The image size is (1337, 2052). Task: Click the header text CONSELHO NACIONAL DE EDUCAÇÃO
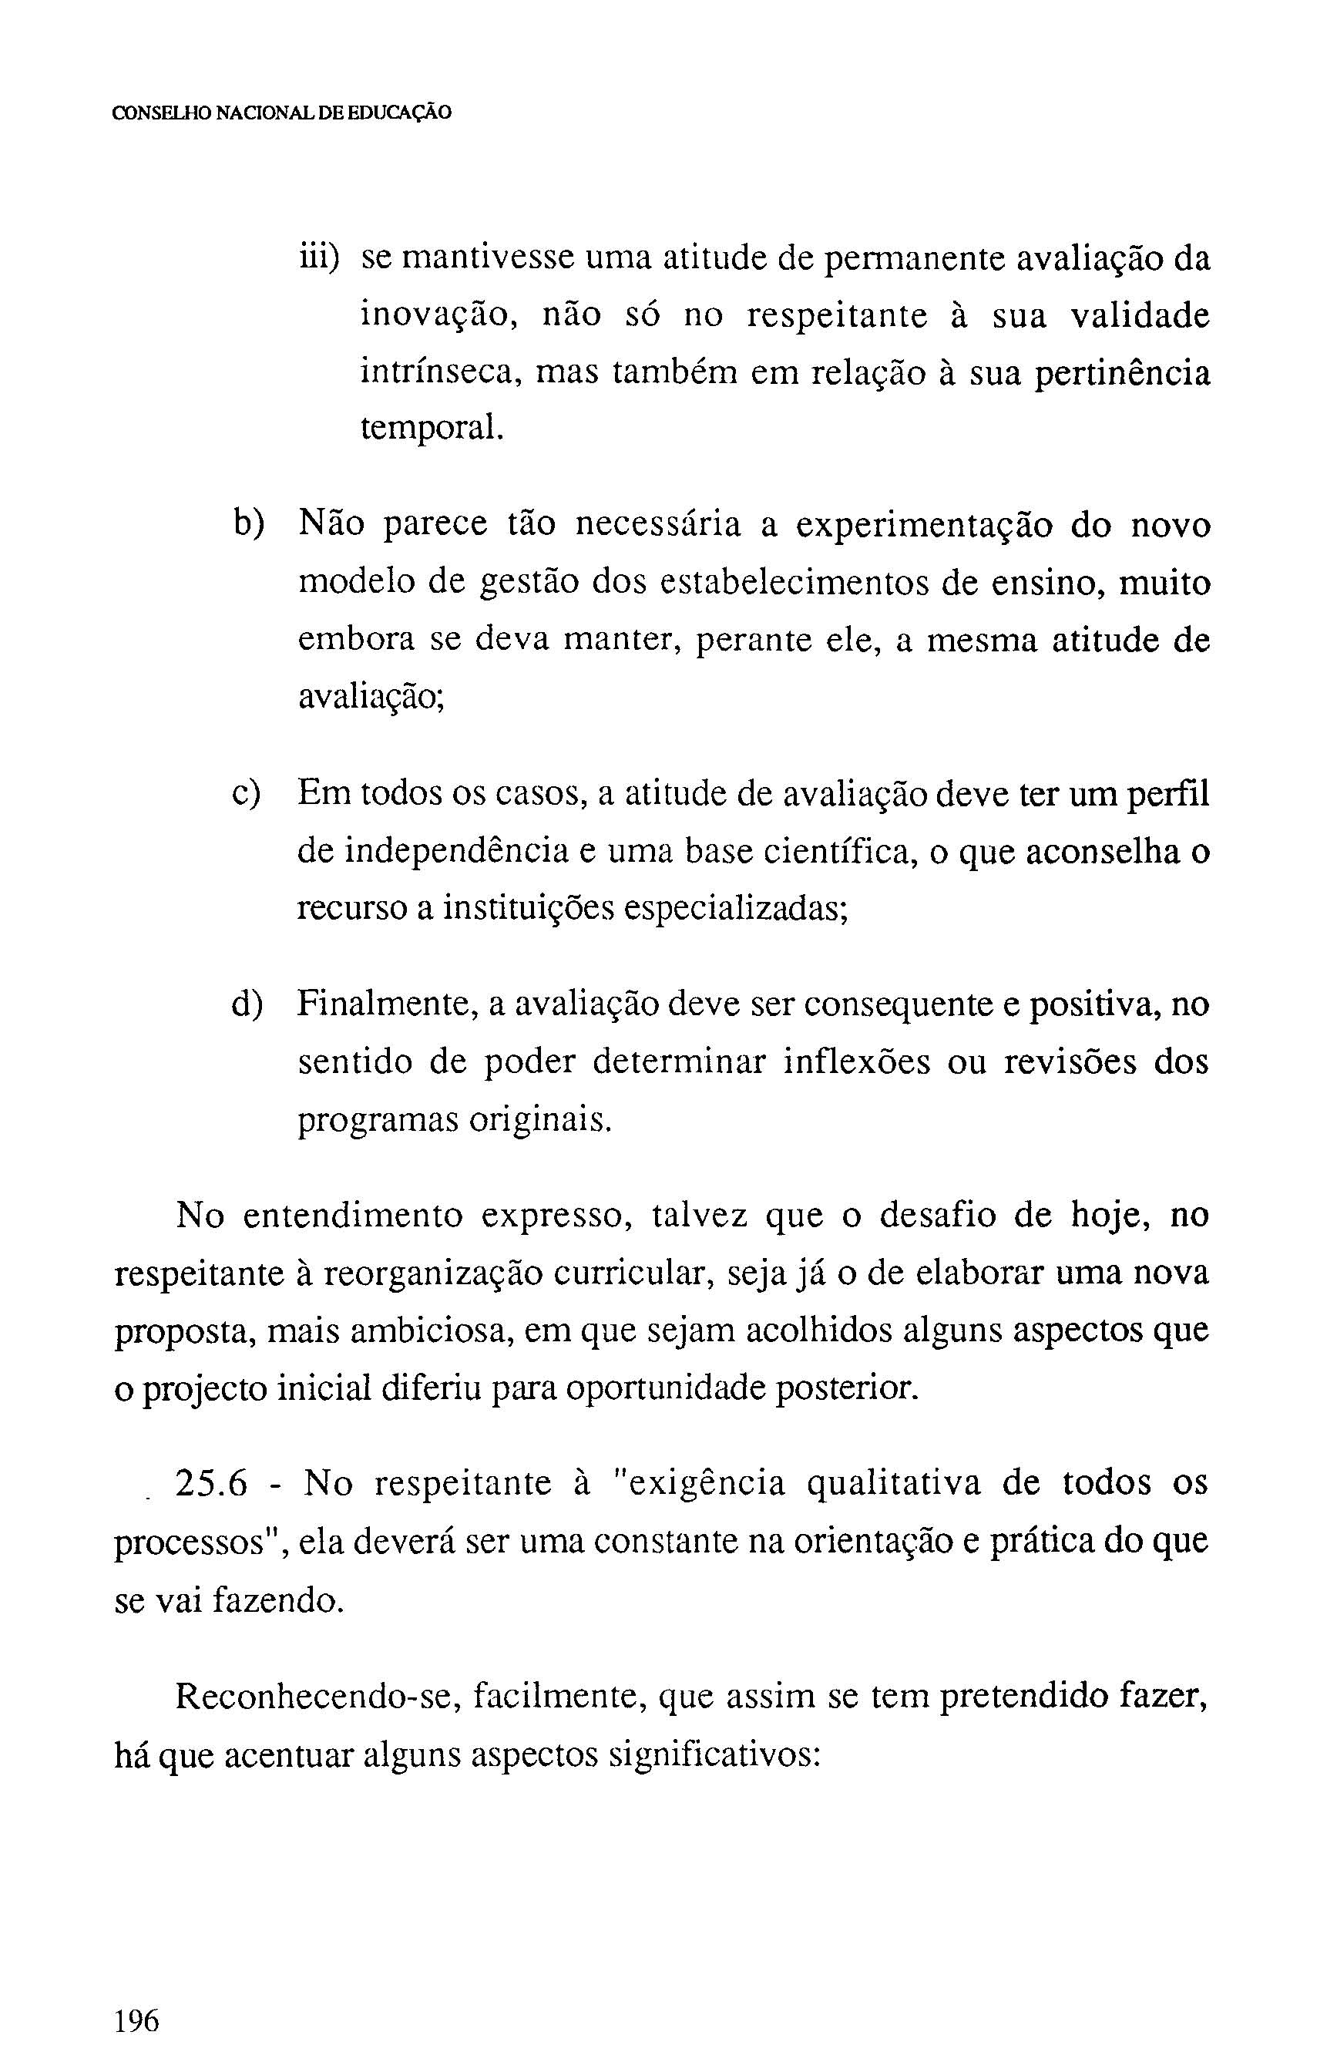pos(282,113)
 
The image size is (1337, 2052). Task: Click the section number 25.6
pos(211,1484)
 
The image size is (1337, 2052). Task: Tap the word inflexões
pos(857,1062)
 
